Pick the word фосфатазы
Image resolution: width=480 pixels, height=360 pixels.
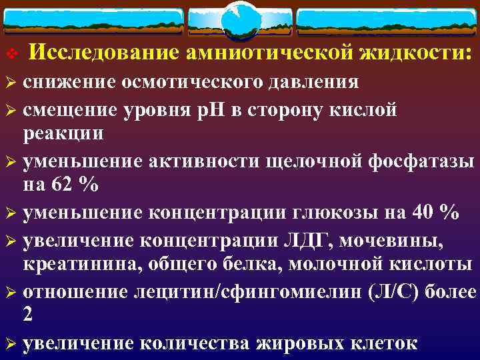click(x=422, y=160)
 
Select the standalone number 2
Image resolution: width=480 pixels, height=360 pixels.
click(x=28, y=315)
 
